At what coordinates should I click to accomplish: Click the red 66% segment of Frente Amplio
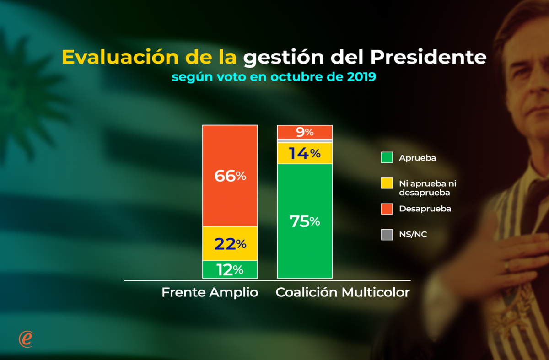[230, 176]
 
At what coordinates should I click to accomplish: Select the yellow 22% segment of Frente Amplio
[230, 244]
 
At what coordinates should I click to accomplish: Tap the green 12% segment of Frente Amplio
[230, 270]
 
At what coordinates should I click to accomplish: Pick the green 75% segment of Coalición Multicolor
[305, 221]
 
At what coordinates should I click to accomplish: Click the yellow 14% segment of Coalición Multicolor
[305, 153]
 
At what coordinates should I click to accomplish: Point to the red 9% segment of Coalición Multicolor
[305, 132]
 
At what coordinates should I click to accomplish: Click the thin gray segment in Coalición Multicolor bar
[305, 140]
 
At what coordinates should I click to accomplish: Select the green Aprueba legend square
[387, 158]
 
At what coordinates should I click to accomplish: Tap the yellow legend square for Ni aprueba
[387, 183]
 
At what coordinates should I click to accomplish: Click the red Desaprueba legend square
[387, 209]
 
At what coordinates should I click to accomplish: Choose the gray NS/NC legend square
[387, 235]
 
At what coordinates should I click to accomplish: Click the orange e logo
[26, 339]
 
